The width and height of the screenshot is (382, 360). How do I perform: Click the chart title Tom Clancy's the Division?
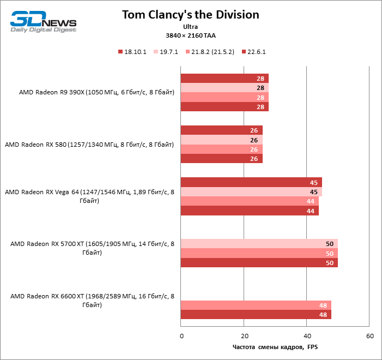tap(190, 14)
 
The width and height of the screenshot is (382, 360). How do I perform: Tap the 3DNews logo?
tap(44, 21)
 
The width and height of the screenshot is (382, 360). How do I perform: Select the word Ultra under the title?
tap(191, 26)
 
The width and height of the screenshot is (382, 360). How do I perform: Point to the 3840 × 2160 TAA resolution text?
tap(191, 35)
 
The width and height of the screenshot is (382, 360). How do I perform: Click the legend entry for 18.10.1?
tap(133, 52)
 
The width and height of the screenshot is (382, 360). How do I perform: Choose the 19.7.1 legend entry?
tap(171, 52)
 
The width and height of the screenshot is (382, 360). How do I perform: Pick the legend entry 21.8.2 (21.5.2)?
tap(213, 52)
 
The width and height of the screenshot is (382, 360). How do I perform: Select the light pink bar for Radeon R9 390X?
tap(224, 88)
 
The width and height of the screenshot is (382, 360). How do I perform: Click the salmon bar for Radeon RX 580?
tap(221, 149)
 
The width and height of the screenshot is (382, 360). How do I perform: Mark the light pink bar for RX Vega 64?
tap(251, 191)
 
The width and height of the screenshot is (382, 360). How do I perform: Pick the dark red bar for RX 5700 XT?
tap(259, 263)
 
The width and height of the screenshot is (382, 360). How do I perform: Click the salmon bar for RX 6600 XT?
tap(256, 305)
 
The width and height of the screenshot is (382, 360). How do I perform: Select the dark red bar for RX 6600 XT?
tap(256, 314)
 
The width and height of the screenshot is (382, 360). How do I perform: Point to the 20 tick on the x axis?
tap(244, 335)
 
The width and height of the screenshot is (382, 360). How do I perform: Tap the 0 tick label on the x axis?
tap(181, 335)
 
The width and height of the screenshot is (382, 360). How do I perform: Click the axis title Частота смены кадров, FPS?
tap(275, 346)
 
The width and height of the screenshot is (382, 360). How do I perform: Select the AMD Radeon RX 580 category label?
tap(89, 145)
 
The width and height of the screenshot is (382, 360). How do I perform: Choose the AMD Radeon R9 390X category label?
tap(96, 92)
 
